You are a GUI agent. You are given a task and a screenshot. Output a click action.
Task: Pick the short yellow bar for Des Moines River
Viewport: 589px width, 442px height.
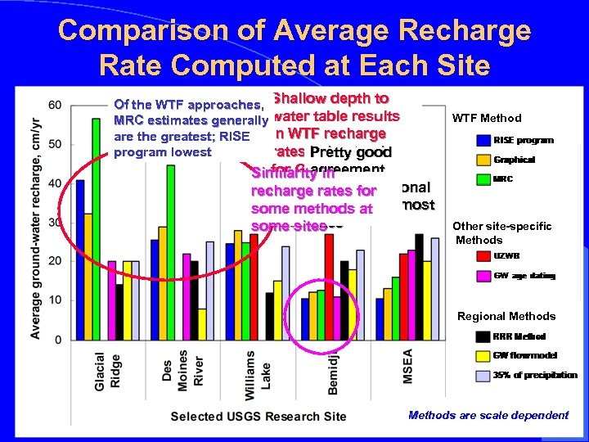(x=201, y=323)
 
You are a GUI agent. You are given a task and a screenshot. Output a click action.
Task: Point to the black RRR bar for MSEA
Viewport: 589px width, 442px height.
(x=419, y=286)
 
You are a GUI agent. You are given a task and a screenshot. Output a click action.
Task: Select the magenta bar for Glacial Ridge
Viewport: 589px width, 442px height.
(x=111, y=300)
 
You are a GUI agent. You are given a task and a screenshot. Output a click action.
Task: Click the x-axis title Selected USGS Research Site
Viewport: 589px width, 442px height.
(x=258, y=417)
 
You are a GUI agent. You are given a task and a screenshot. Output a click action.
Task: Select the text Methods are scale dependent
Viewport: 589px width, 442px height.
(x=488, y=416)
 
